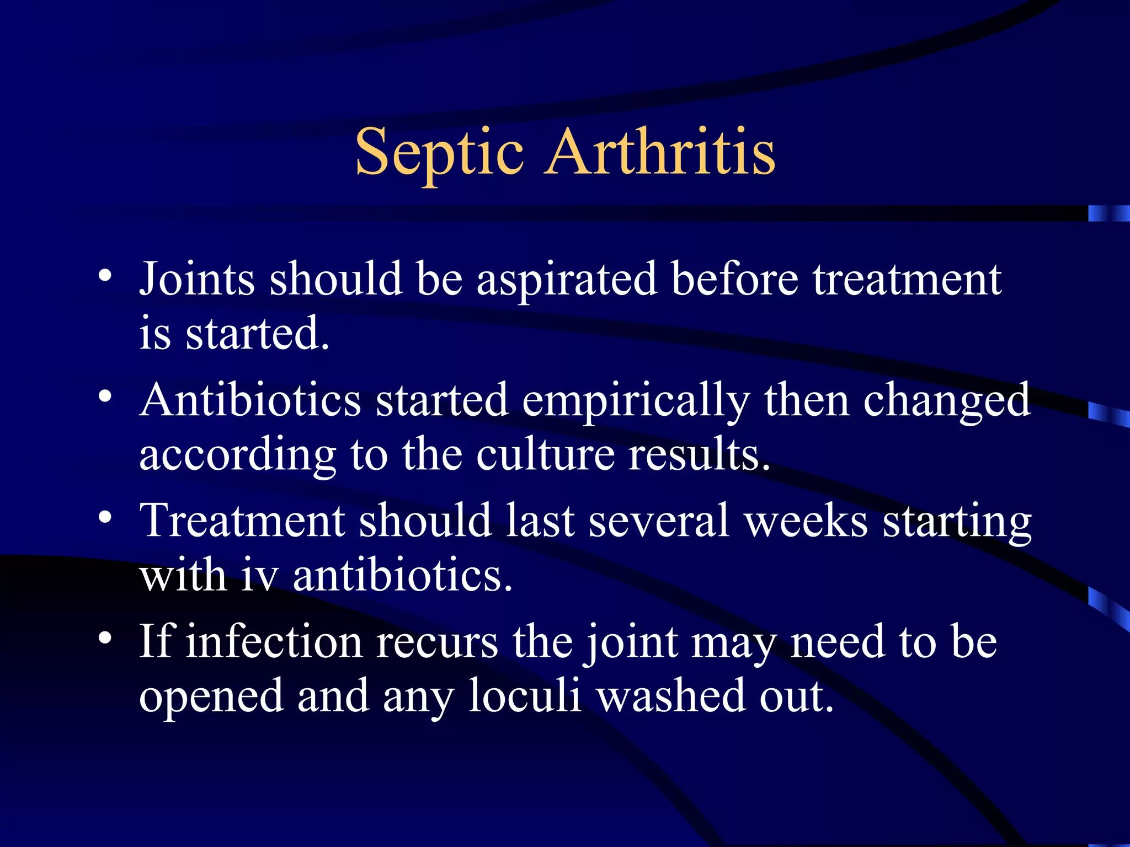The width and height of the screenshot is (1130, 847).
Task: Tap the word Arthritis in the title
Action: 660,152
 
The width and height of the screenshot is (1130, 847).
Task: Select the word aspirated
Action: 567,280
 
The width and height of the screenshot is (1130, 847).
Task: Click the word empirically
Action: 636,401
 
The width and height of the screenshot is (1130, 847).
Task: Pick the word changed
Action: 946,401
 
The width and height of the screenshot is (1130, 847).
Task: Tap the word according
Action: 238,455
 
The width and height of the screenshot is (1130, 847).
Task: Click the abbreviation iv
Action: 258,576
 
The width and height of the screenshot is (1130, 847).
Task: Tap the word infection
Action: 274,642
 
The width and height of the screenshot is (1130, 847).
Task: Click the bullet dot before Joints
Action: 105,275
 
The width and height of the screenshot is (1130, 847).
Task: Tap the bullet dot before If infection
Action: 105,638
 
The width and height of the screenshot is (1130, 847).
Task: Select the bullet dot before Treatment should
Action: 105,517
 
